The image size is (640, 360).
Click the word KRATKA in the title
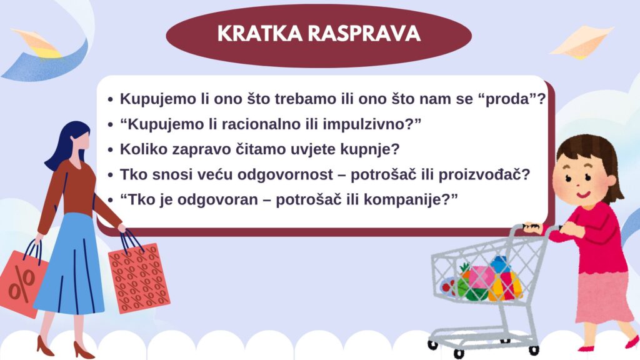click(x=261, y=34)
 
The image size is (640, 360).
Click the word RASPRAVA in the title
click(x=364, y=34)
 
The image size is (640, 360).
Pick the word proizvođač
click(x=484, y=175)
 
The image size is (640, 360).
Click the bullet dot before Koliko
click(x=110, y=150)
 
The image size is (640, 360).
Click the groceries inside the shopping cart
click(x=484, y=279)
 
